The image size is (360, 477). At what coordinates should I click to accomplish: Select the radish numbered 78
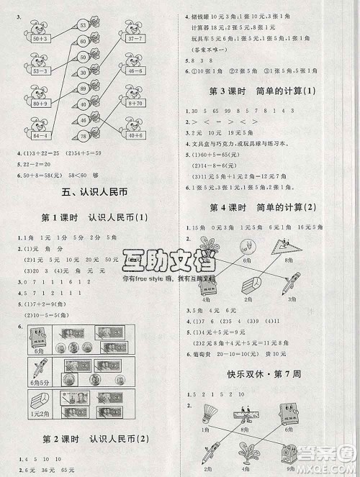click(x=84, y=137)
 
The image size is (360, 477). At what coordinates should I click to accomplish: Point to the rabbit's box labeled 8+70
click(x=135, y=103)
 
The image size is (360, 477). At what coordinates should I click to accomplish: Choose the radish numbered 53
click(x=84, y=25)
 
